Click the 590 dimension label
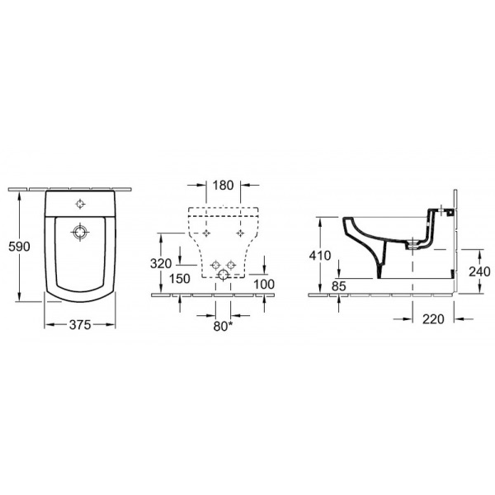(19, 247)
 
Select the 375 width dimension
(80, 324)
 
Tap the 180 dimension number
(223, 186)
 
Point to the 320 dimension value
(161, 263)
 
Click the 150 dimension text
(180, 279)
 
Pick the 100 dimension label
(264, 284)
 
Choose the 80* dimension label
(224, 327)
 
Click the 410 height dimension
(320, 256)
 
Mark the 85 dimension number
(339, 286)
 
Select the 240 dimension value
(479, 271)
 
